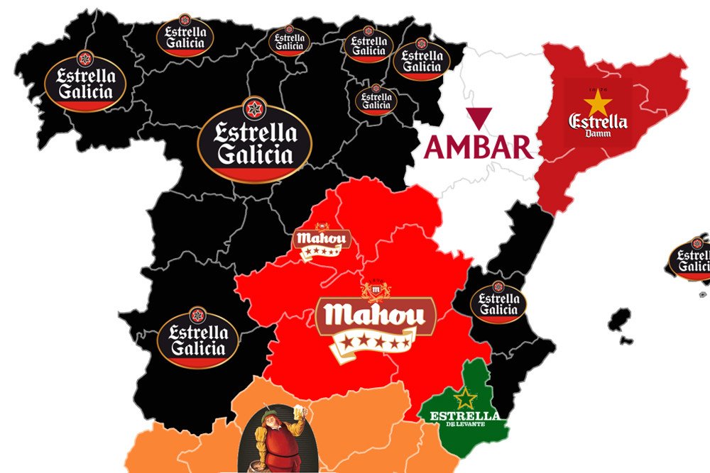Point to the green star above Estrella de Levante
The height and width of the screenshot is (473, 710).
click(x=466, y=398)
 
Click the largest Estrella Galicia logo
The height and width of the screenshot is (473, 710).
click(x=254, y=139)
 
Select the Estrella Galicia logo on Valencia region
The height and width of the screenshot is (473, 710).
click(x=498, y=302)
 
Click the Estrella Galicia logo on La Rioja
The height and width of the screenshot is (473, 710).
click(x=376, y=100)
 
